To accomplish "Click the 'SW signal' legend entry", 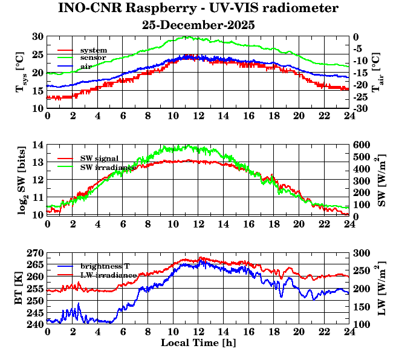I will click(100, 158).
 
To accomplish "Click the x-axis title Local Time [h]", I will click(198, 343).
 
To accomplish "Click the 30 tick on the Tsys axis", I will click(37, 37).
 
